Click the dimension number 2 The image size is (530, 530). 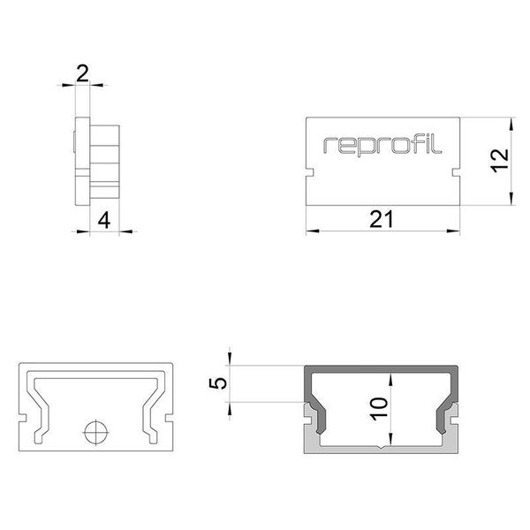tap(82, 73)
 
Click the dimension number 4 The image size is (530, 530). tap(104, 221)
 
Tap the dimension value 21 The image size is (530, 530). tap(382, 219)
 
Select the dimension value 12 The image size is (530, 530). tap(500, 161)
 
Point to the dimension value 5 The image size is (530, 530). tap(218, 383)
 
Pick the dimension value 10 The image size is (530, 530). tap(379, 409)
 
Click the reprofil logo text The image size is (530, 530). tap(382, 146)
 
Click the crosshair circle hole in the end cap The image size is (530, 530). tap(96, 432)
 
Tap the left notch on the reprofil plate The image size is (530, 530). tap(310, 173)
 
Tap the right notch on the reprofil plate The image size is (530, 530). tap(456, 173)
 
